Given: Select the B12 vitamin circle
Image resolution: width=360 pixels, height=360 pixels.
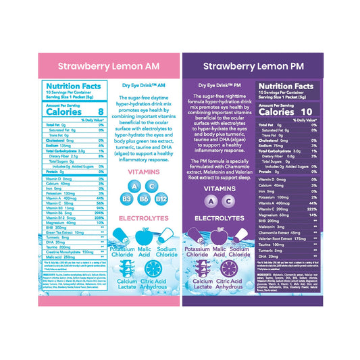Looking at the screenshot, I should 161,198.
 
